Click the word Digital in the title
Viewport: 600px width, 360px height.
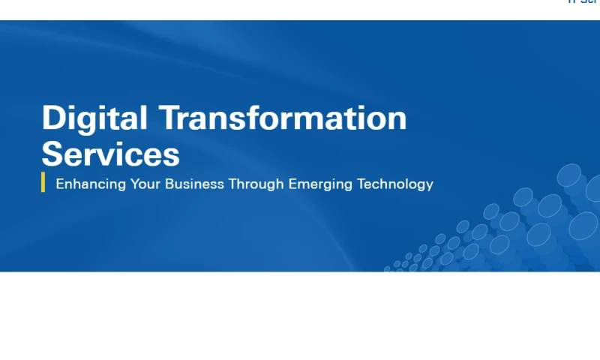(94, 118)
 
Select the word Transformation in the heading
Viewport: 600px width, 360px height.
(283, 118)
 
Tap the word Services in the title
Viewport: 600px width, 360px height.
(110, 154)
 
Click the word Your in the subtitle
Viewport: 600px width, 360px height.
(145, 184)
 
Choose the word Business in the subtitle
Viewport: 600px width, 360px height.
(194, 184)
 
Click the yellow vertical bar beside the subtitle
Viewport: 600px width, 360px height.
(43, 182)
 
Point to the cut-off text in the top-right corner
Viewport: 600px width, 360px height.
(583, 2)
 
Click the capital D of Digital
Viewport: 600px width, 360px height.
(53, 118)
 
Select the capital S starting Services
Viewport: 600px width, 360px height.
(52, 154)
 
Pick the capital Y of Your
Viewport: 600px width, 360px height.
(135, 184)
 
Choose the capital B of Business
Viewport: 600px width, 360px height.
(169, 184)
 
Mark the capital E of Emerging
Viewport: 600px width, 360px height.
(293, 184)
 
